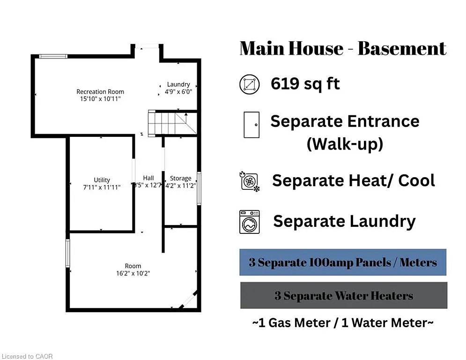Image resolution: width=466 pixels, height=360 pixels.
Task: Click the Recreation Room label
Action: click(100, 91)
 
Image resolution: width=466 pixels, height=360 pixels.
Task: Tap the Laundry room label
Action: click(178, 84)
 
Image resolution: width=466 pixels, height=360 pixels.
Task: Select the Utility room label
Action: click(102, 180)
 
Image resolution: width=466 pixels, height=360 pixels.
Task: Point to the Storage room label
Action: click(181, 178)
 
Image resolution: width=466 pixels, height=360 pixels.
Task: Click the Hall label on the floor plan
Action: click(148, 178)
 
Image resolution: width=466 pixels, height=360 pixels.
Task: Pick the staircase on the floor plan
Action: click(167, 123)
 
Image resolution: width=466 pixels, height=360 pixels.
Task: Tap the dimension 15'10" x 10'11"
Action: click(100, 99)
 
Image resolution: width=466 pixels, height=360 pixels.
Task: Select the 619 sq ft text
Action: click(305, 84)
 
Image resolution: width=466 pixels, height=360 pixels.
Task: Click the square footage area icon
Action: click(249, 84)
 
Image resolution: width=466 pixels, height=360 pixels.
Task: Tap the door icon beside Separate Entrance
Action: click(251, 125)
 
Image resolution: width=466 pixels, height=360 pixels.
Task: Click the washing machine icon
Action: click(250, 222)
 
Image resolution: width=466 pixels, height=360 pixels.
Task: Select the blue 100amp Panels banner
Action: click(343, 262)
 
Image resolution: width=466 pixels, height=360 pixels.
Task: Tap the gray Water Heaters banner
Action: click(344, 296)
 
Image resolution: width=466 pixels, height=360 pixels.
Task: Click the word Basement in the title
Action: click(399, 49)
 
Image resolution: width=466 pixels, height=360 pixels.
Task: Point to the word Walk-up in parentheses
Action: click(345, 144)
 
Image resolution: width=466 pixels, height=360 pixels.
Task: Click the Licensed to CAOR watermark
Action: click(27, 356)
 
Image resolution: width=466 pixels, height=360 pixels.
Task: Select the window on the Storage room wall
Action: click(199, 188)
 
